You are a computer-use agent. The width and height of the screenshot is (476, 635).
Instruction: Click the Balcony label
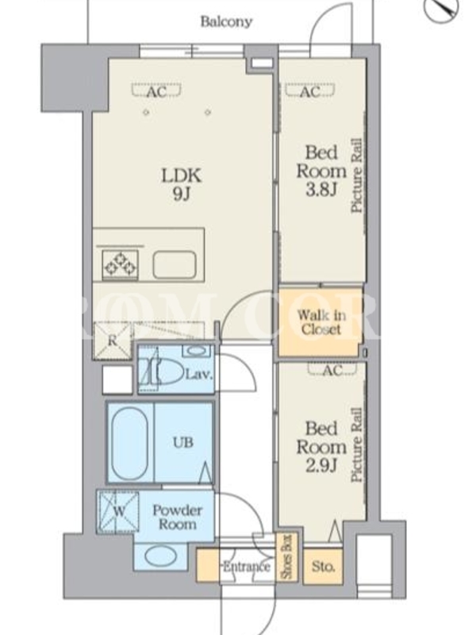226,21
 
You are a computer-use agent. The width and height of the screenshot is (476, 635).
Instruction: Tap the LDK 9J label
181,185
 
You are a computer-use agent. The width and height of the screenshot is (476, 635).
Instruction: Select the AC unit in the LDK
156,91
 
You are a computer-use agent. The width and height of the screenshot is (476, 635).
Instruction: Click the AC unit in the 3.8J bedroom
310,91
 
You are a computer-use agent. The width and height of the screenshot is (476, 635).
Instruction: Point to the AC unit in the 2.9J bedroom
332,368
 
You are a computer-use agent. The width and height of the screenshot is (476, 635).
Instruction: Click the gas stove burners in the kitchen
120,264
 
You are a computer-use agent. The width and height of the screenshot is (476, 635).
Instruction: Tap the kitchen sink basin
175,264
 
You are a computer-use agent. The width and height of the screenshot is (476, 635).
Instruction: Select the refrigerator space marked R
112,341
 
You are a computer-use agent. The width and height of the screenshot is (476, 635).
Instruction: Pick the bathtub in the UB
129,444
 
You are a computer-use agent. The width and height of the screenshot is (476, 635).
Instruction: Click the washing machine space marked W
117,511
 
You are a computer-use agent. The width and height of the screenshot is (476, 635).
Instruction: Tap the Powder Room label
177,517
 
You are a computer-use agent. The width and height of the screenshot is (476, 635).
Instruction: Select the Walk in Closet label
321,322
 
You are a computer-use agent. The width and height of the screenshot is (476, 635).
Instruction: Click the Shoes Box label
286,558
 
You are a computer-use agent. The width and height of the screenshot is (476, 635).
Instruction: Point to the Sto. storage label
323,567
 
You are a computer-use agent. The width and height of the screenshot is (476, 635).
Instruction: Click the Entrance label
246,566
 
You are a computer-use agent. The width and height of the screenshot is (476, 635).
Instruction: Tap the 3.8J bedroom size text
321,189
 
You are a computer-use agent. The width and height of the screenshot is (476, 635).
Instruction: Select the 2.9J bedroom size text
321,466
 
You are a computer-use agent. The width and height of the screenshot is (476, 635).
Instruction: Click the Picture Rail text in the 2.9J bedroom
356,444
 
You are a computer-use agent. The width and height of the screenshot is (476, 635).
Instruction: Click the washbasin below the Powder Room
161,557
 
